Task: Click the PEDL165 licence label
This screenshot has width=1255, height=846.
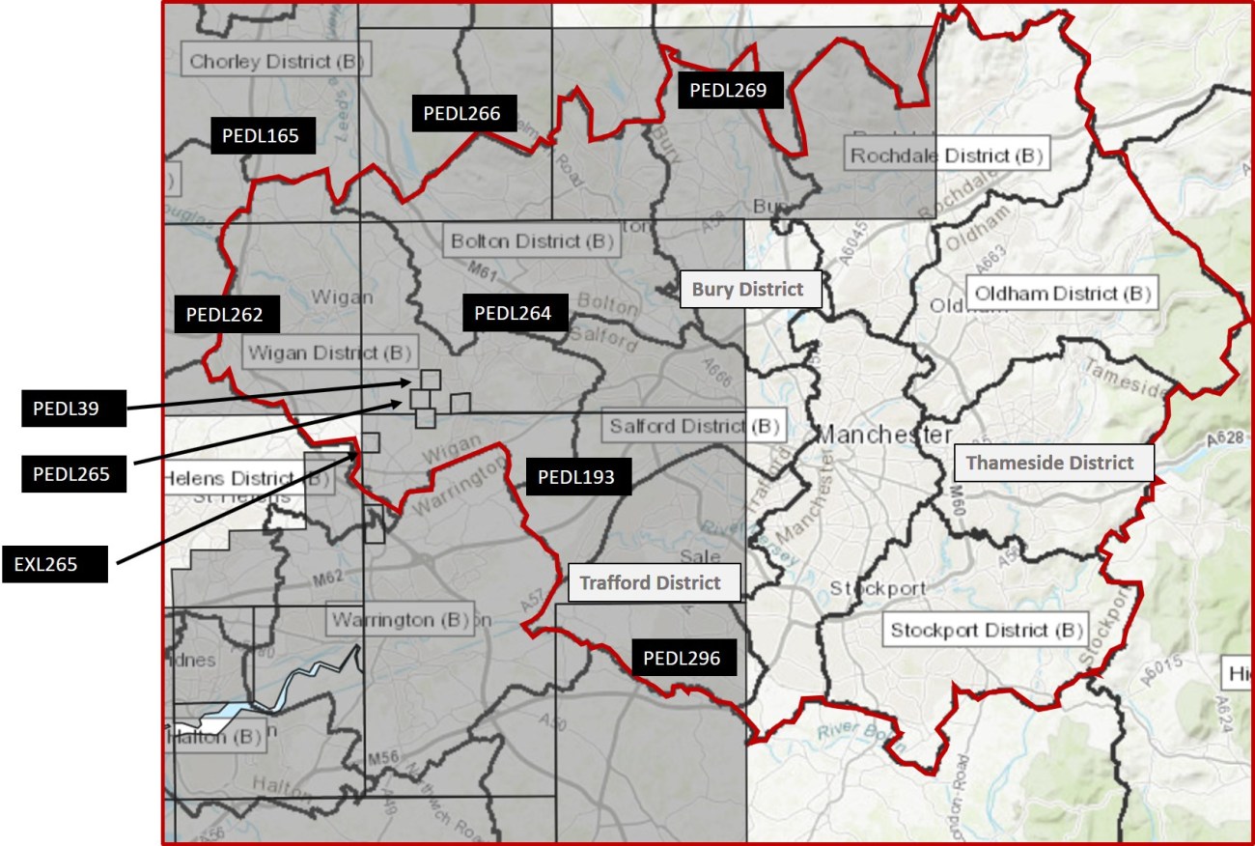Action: click(262, 135)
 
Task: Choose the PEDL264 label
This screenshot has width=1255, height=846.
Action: click(514, 313)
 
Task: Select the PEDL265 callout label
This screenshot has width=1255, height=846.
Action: click(73, 474)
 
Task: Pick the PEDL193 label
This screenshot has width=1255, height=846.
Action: click(576, 476)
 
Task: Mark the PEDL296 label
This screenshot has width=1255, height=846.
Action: click(683, 659)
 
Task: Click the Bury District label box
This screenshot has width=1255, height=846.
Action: click(750, 289)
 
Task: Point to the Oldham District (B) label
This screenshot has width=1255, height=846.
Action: click(1062, 293)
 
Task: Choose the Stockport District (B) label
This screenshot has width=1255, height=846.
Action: click(983, 631)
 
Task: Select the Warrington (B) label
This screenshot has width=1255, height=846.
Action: click(399, 619)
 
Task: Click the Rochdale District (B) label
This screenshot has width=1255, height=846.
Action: click(945, 155)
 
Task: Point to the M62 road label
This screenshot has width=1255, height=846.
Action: click(327, 579)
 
